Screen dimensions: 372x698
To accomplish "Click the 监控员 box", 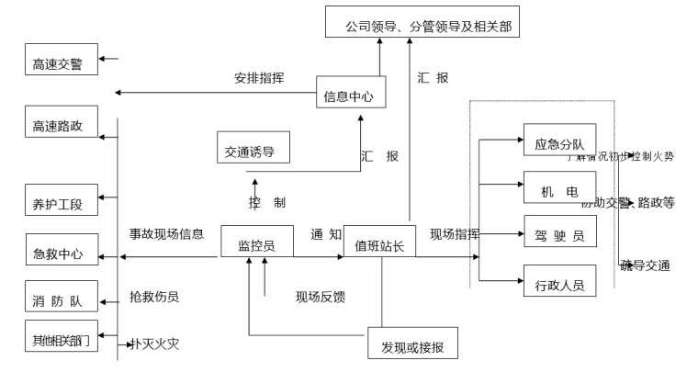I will tap(251, 242).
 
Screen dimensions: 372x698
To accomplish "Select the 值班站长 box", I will tap(379, 242).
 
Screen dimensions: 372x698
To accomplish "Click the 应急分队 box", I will tap(559, 141).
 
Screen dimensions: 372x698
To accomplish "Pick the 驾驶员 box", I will tap(559, 232).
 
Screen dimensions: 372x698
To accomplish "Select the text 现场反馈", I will tap(321, 297).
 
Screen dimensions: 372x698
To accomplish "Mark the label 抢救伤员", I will tap(154, 297).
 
